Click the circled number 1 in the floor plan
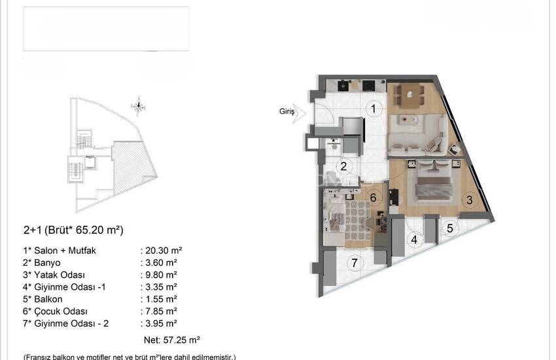point(373,109)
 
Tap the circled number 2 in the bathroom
point(343,166)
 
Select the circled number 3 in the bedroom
point(470,200)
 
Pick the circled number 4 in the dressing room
point(414,240)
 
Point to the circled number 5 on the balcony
point(450,228)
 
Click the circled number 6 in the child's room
point(373,197)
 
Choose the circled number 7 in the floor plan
point(355,263)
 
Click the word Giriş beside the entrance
point(287,112)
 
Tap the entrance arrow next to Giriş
point(300,113)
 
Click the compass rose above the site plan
point(139,105)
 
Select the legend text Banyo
point(47,263)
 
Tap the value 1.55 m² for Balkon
point(162,299)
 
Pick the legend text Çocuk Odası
point(61,311)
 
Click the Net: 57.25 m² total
point(172,340)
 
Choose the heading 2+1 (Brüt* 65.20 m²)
point(73,230)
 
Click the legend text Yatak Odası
point(60,275)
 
